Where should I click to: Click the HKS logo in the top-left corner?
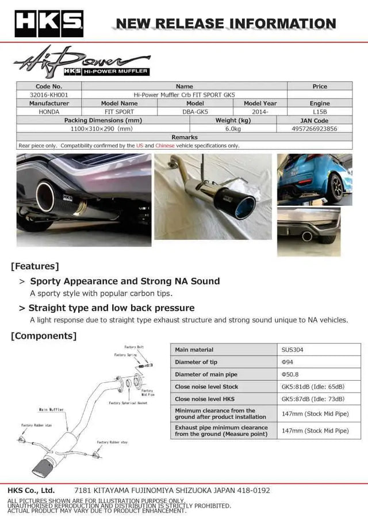tap(49, 23)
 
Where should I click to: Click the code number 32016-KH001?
tap(49, 95)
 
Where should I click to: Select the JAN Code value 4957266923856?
tap(315, 129)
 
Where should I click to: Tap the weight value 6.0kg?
tap(233, 129)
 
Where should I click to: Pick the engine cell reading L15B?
tap(320, 112)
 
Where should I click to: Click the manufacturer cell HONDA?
tap(49, 112)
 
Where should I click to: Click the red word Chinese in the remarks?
tap(165, 146)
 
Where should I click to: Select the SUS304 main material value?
tap(292, 350)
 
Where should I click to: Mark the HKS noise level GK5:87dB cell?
tap(313, 399)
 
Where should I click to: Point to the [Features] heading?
tap(34, 266)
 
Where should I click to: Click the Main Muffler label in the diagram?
tap(51, 410)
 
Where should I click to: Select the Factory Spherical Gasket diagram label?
tap(131, 403)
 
